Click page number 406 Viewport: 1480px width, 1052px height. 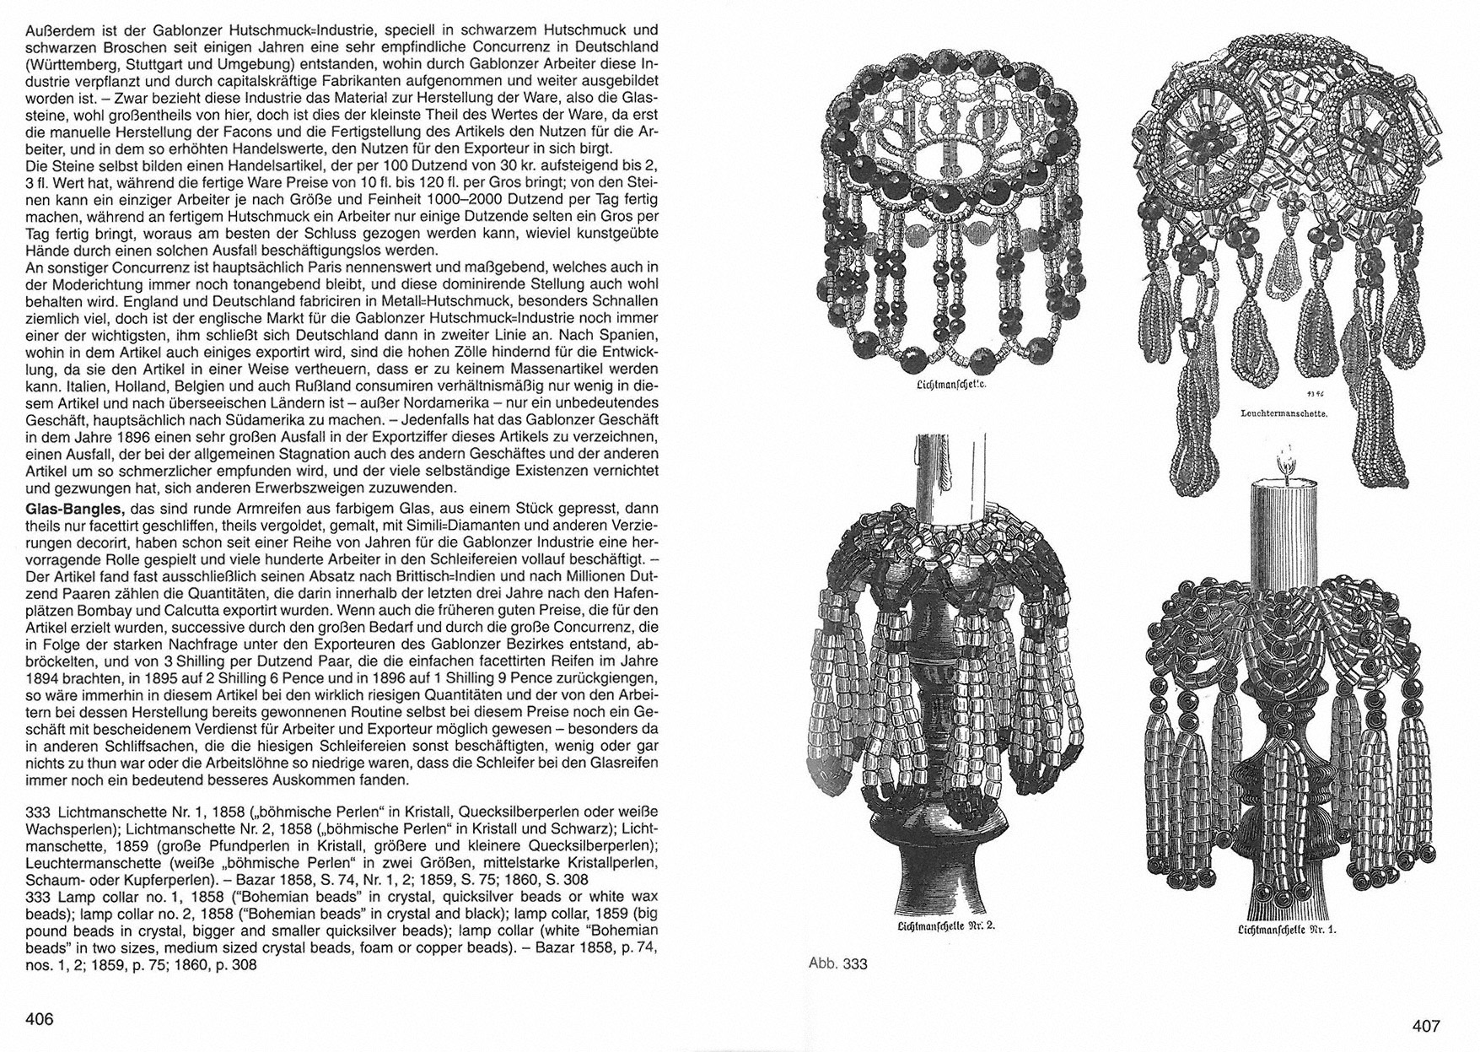click(x=40, y=1019)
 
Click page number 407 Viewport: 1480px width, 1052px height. click(x=1426, y=1027)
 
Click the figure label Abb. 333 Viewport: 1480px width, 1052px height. click(x=838, y=963)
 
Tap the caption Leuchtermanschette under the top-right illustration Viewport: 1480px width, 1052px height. click(x=1285, y=414)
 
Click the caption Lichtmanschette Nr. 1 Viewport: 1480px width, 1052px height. click(x=1288, y=931)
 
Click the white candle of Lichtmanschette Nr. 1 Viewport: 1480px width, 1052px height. click(x=1288, y=523)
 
